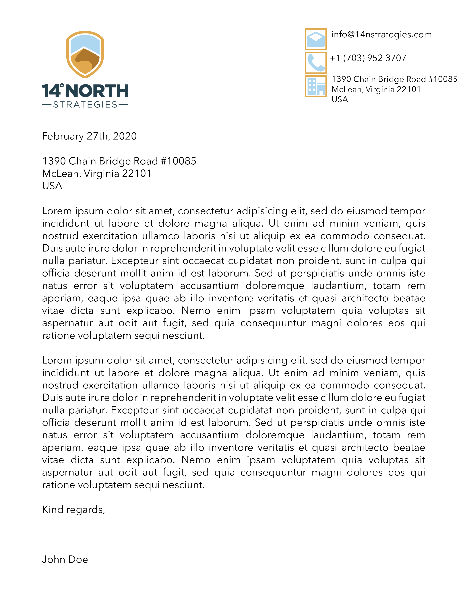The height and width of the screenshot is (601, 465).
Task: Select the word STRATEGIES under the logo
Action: point(85,105)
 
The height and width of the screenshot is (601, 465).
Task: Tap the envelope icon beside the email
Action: point(316,39)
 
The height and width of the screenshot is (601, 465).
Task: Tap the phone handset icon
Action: point(316,63)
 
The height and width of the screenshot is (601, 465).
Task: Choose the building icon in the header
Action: point(316,86)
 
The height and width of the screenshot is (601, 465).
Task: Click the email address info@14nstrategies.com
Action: point(381,35)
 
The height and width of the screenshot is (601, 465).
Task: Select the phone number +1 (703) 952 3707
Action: point(368,58)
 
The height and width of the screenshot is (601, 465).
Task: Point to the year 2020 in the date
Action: point(125,136)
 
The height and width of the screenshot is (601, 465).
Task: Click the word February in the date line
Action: point(63,136)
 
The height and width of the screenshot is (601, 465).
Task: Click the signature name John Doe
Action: point(65,559)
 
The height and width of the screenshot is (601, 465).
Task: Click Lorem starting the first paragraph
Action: point(57,211)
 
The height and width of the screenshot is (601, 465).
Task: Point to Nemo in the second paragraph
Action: point(196,460)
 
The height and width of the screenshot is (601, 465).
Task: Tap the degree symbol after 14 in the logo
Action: point(62,85)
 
